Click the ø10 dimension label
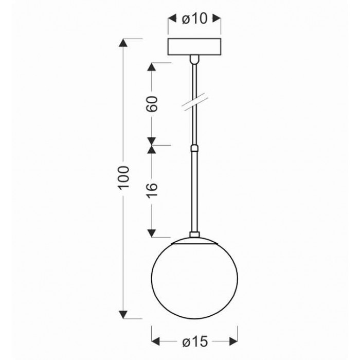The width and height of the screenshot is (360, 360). [194, 19]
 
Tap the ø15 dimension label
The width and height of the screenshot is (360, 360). [195, 341]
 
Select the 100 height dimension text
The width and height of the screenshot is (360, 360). [123, 177]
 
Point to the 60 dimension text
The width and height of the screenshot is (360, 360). [152, 104]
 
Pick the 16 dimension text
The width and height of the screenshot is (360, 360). [152, 189]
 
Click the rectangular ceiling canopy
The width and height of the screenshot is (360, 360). [194, 47]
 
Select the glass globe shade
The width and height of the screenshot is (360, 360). [194, 278]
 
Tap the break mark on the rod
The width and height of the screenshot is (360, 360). [195, 102]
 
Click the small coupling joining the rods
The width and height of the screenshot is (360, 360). [194, 148]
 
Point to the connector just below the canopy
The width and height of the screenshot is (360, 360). [194, 59]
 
